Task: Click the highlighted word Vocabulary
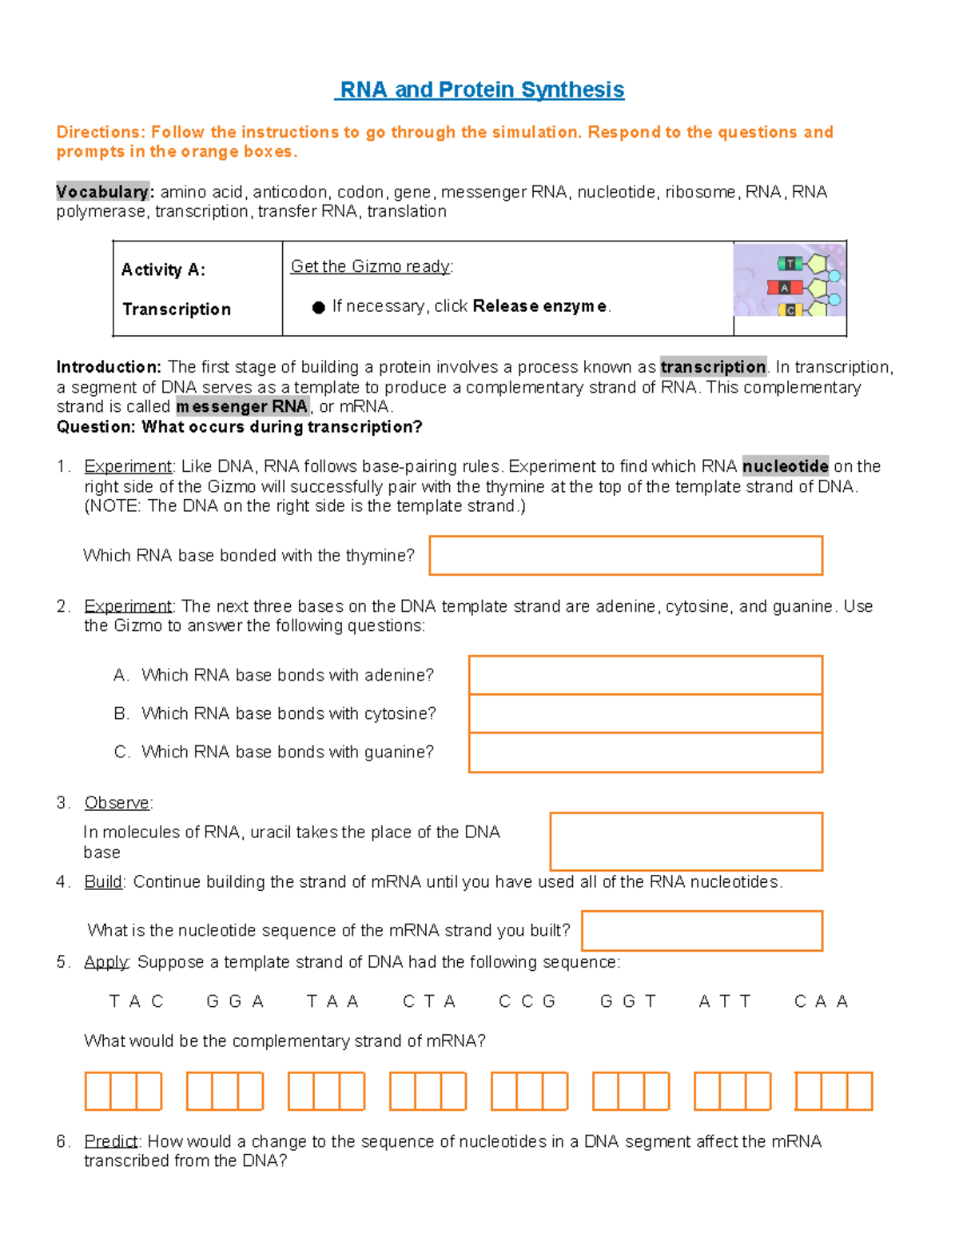click(102, 192)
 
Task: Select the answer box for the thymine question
click(626, 556)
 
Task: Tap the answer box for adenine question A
click(645, 675)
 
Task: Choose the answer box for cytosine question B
click(645, 713)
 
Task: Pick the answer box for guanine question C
click(645, 753)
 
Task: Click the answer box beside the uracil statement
click(686, 841)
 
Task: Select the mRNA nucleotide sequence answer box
click(702, 931)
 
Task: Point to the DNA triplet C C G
click(527, 1001)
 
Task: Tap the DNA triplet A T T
click(725, 1001)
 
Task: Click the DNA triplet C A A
click(821, 1001)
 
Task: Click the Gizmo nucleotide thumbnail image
click(790, 280)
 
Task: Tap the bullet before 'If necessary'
click(318, 307)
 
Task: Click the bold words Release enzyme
click(540, 306)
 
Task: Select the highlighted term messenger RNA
click(242, 406)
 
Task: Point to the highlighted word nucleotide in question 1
click(785, 466)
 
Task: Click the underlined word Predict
click(112, 1141)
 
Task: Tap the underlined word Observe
click(117, 802)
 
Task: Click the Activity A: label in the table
click(163, 270)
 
